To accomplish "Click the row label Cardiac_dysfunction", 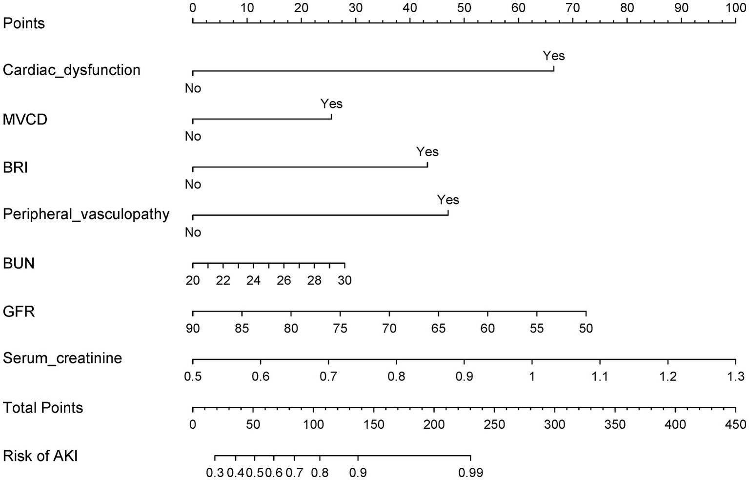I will (x=71, y=70).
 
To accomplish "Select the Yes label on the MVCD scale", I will (x=331, y=104).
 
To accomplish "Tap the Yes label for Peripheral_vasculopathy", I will (x=448, y=200).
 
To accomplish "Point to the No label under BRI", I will (x=193, y=185).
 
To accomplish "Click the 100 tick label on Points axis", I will (x=735, y=8).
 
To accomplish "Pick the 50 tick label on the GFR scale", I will (x=586, y=328).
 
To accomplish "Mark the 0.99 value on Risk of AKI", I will (x=470, y=473).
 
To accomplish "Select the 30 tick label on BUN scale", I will (x=344, y=281).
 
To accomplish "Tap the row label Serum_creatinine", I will (x=62, y=358).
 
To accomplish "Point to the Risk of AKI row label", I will (x=40, y=456).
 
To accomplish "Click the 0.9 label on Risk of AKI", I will (x=358, y=473).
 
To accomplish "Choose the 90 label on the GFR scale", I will (x=193, y=328).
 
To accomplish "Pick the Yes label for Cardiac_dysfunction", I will (x=554, y=56).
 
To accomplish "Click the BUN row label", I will (x=19, y=264).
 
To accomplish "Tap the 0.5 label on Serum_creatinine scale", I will (x=193, y=376).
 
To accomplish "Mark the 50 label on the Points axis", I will (x=465, y=8).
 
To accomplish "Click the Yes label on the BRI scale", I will (x=427, y=152).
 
